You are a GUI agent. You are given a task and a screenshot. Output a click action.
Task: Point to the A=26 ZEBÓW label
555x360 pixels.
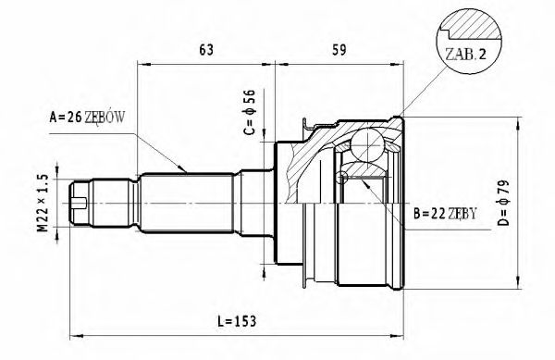point(92,118)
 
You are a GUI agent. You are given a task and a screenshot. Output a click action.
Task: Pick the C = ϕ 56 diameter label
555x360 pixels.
point(248,111)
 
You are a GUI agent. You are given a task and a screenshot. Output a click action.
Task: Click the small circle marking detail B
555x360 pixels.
point(341,178)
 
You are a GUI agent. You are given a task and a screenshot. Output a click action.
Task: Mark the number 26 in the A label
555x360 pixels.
point(74,118)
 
